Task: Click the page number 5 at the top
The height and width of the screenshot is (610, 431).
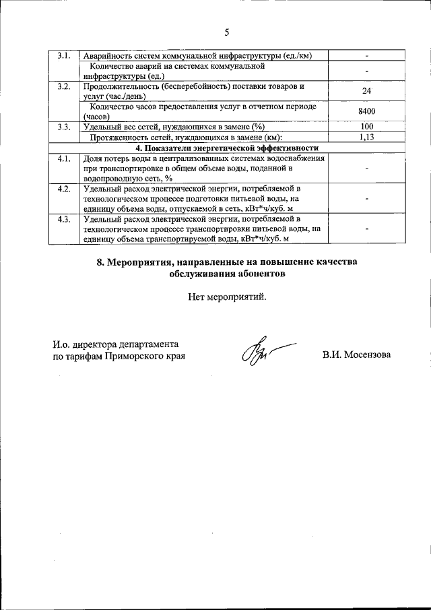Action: (x=227, y=32)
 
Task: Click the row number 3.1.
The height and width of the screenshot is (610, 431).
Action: (x=64, y=55)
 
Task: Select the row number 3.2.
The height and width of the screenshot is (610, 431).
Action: (x=64, y=86)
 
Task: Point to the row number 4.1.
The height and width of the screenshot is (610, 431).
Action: (x=64, y=158)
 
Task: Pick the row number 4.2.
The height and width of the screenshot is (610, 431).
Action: (x=64, y=189)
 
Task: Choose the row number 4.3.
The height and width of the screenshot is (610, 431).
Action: (x=64, y=220)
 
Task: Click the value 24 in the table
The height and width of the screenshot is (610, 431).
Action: (x=367, y=91)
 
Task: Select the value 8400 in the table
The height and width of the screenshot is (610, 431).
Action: (x=367, y=111)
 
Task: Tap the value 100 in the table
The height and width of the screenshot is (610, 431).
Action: (x=367, y=127)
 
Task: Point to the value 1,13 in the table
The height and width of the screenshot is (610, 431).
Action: (x=367, y=137)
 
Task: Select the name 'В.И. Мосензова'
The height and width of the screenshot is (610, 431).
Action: (x=356, y=355)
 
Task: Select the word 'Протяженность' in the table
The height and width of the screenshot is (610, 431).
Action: (x=119, y=137)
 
